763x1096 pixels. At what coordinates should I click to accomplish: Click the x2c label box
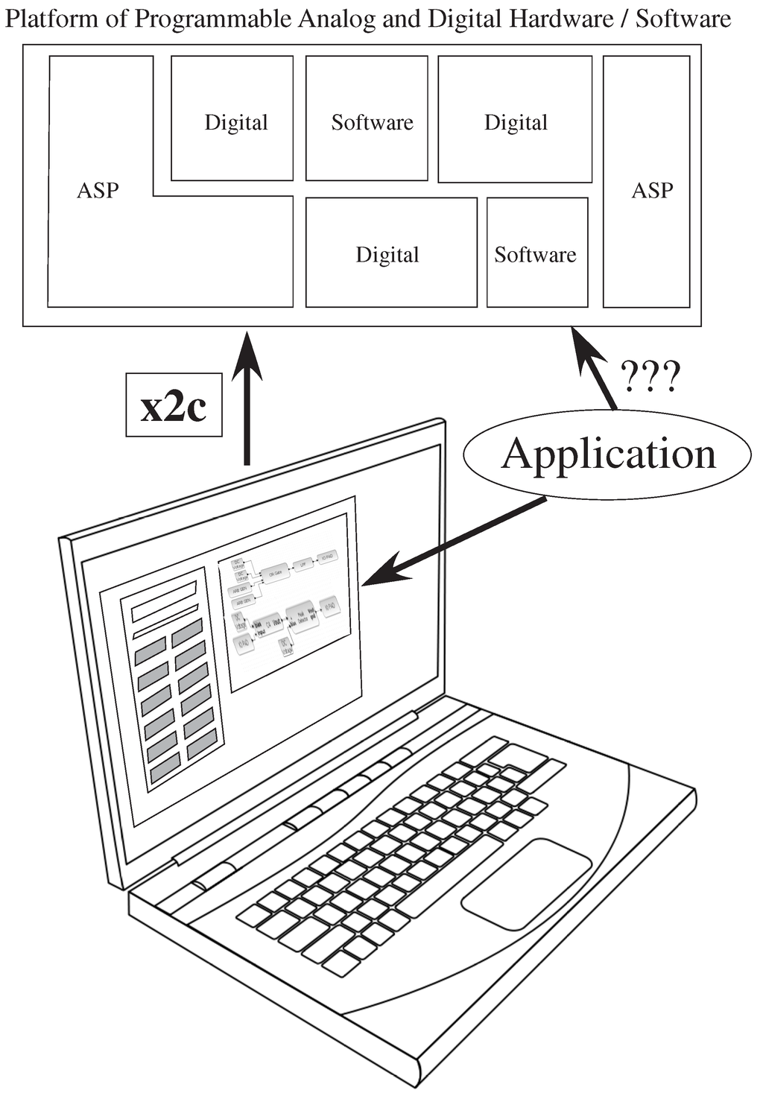click(x=174, y=405)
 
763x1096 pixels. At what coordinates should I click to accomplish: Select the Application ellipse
click(x=608, y=454)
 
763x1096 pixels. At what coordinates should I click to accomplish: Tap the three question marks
click(x=650, y=376)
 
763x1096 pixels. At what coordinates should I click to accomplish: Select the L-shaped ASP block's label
click(x=98, y=191)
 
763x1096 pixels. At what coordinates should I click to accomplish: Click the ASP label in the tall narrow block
click(x=652, y=191)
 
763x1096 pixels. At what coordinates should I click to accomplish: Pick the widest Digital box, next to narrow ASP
click(x=516, y=122)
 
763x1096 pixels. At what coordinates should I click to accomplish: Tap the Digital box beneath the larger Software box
click(x=387, y=255)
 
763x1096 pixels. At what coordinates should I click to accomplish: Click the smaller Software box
click(x=536, y=255)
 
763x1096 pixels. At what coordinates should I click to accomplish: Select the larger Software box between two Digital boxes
click(x=372, y=122)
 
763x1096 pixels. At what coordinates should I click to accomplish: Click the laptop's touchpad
click(x=525, y=884)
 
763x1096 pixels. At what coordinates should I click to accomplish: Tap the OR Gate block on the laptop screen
click(x=275, y=573)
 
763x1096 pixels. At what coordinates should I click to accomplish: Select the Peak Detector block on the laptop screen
click(x=302, y=615)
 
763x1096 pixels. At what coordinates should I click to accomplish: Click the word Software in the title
click(x=683, y=19)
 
